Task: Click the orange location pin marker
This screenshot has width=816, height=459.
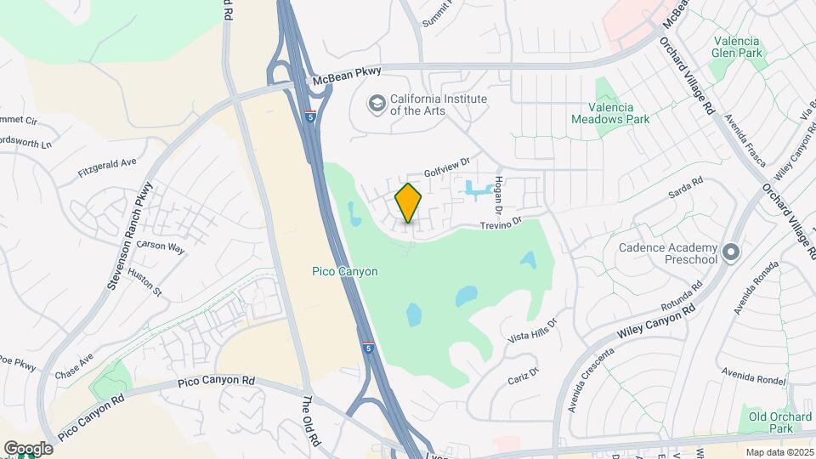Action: [x=409, y=203]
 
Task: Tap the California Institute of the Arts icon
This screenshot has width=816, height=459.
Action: [x=376, y=104]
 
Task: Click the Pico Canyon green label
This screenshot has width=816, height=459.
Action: [x=344, y=271]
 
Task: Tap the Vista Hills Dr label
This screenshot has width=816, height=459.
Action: [x=530, y=331]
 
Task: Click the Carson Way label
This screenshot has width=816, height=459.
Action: [x=161, y=247]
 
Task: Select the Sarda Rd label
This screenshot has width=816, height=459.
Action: [x=686, y=186]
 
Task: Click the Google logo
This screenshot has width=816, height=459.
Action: [x=28, y=448]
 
